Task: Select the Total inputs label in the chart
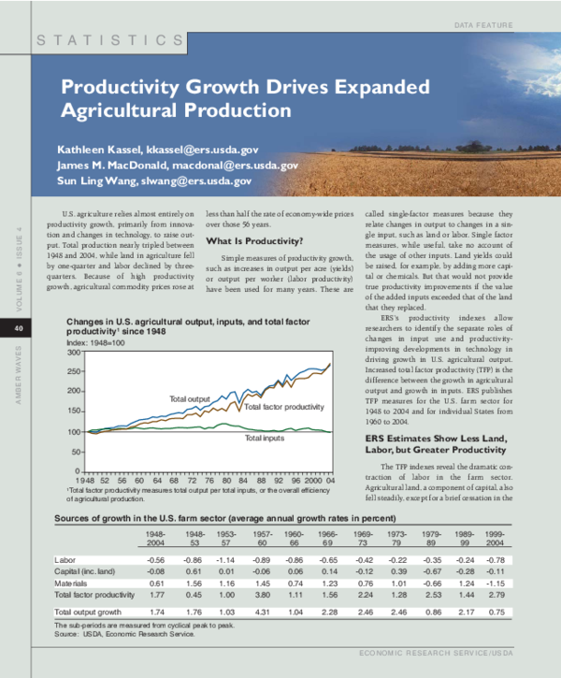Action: [x=265, y=438]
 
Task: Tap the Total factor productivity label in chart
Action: [x=283, y=408]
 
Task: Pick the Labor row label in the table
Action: [x=65, y=559]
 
